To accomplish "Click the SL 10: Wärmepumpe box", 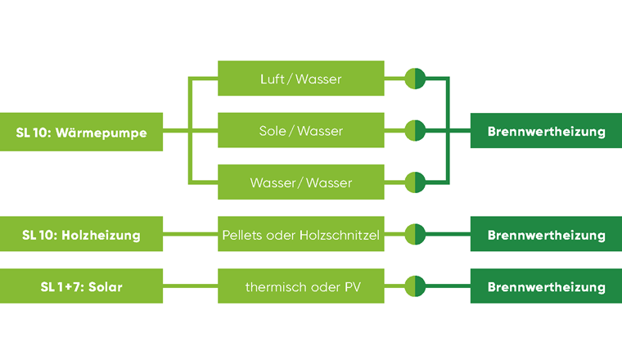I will tap(81, 131).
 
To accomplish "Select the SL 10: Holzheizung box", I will tap(81, 235).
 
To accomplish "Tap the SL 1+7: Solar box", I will tap(81, 286).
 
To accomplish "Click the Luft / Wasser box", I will tap(300, 79).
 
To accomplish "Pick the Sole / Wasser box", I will tap(300, 131).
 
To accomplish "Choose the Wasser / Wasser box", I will tap(300, 182).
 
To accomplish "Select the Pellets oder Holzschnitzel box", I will tap(300, 235).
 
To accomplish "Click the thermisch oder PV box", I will tap(300, 286).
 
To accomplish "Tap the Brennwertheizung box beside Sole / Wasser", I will tap(546, 131).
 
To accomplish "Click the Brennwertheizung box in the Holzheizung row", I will tap(546, 235).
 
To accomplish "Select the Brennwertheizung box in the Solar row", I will tap(546, 286).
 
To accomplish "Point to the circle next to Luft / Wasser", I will tap(416, 79).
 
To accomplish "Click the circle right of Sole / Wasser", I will tap(416, 131).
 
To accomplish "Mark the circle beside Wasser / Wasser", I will tap(416, 182).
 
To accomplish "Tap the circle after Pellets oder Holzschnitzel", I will tap(416, 235).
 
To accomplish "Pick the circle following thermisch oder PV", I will tap(416, 286).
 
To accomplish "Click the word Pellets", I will tap(242, 235).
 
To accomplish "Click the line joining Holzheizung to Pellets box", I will tap(190, 235).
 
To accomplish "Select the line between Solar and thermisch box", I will tap(190, 286).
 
